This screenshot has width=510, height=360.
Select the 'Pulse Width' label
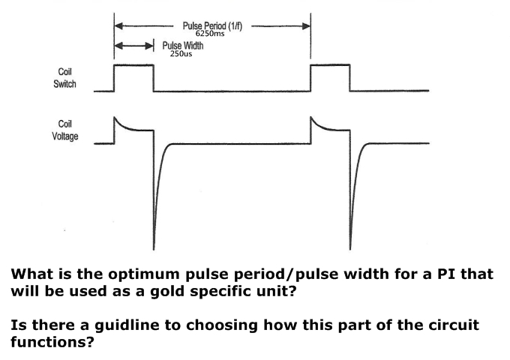(183, 46)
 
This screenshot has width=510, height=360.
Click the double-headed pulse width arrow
(133, 47)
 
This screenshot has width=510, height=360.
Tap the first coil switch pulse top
(133, 66)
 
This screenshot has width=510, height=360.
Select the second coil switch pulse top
(330, 66)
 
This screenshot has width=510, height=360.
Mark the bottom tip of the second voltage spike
(351, 247)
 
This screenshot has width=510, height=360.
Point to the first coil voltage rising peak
(115, 118)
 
